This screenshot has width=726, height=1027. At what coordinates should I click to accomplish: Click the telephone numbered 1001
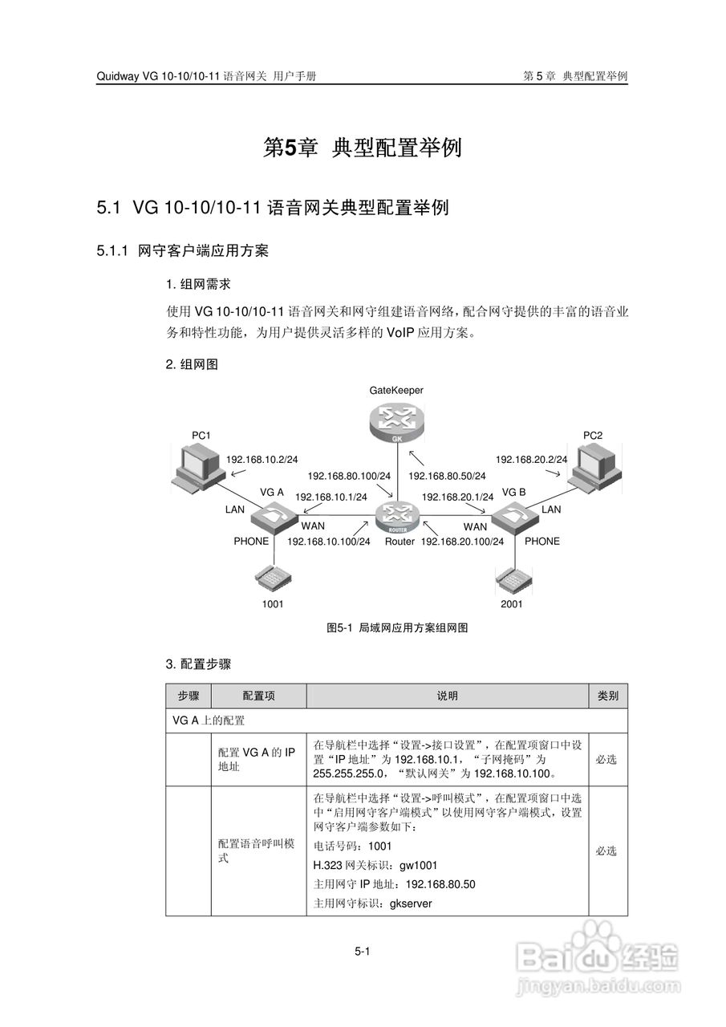[272, 577]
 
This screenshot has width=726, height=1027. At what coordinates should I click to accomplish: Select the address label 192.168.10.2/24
[262, 460]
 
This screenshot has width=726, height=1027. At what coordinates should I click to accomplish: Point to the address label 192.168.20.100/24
[462, 542]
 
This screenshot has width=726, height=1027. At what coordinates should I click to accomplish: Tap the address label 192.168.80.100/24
[349, 476]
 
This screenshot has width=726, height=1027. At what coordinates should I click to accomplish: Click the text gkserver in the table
[411, 903]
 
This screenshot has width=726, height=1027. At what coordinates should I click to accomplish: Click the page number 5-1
[362, 952]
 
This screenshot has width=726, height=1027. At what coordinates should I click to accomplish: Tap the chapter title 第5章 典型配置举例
[363, 148]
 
